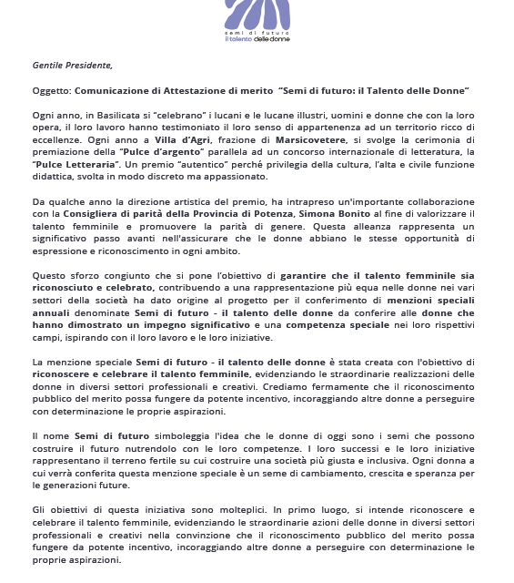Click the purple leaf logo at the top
(x=256, y=15)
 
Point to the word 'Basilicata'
(x=115, y=118)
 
